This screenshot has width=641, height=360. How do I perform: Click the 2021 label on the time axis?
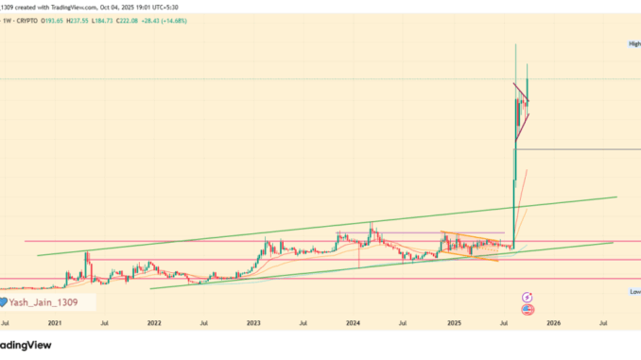coord(55,322)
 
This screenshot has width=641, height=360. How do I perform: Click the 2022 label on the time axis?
coord(154,322)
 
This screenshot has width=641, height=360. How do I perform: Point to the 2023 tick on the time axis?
coord(253,322)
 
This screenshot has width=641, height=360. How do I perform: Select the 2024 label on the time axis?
coord(353,322)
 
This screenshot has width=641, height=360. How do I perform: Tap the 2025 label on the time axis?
coord(453,322)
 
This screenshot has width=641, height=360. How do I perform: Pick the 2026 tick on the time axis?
coord(553,322)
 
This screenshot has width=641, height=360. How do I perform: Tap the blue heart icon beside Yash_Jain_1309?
coord(5,302)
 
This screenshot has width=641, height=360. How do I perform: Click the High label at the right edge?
coord(634,44)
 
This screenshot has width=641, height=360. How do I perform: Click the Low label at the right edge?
coord(634,292)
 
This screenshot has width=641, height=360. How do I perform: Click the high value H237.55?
coord(101,20)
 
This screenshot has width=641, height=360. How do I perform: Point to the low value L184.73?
coord(131,20)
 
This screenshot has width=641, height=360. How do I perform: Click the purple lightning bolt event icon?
coord(527,297)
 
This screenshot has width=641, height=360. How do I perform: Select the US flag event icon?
coord(527,309)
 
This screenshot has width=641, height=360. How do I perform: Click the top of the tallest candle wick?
coord(515,43)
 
